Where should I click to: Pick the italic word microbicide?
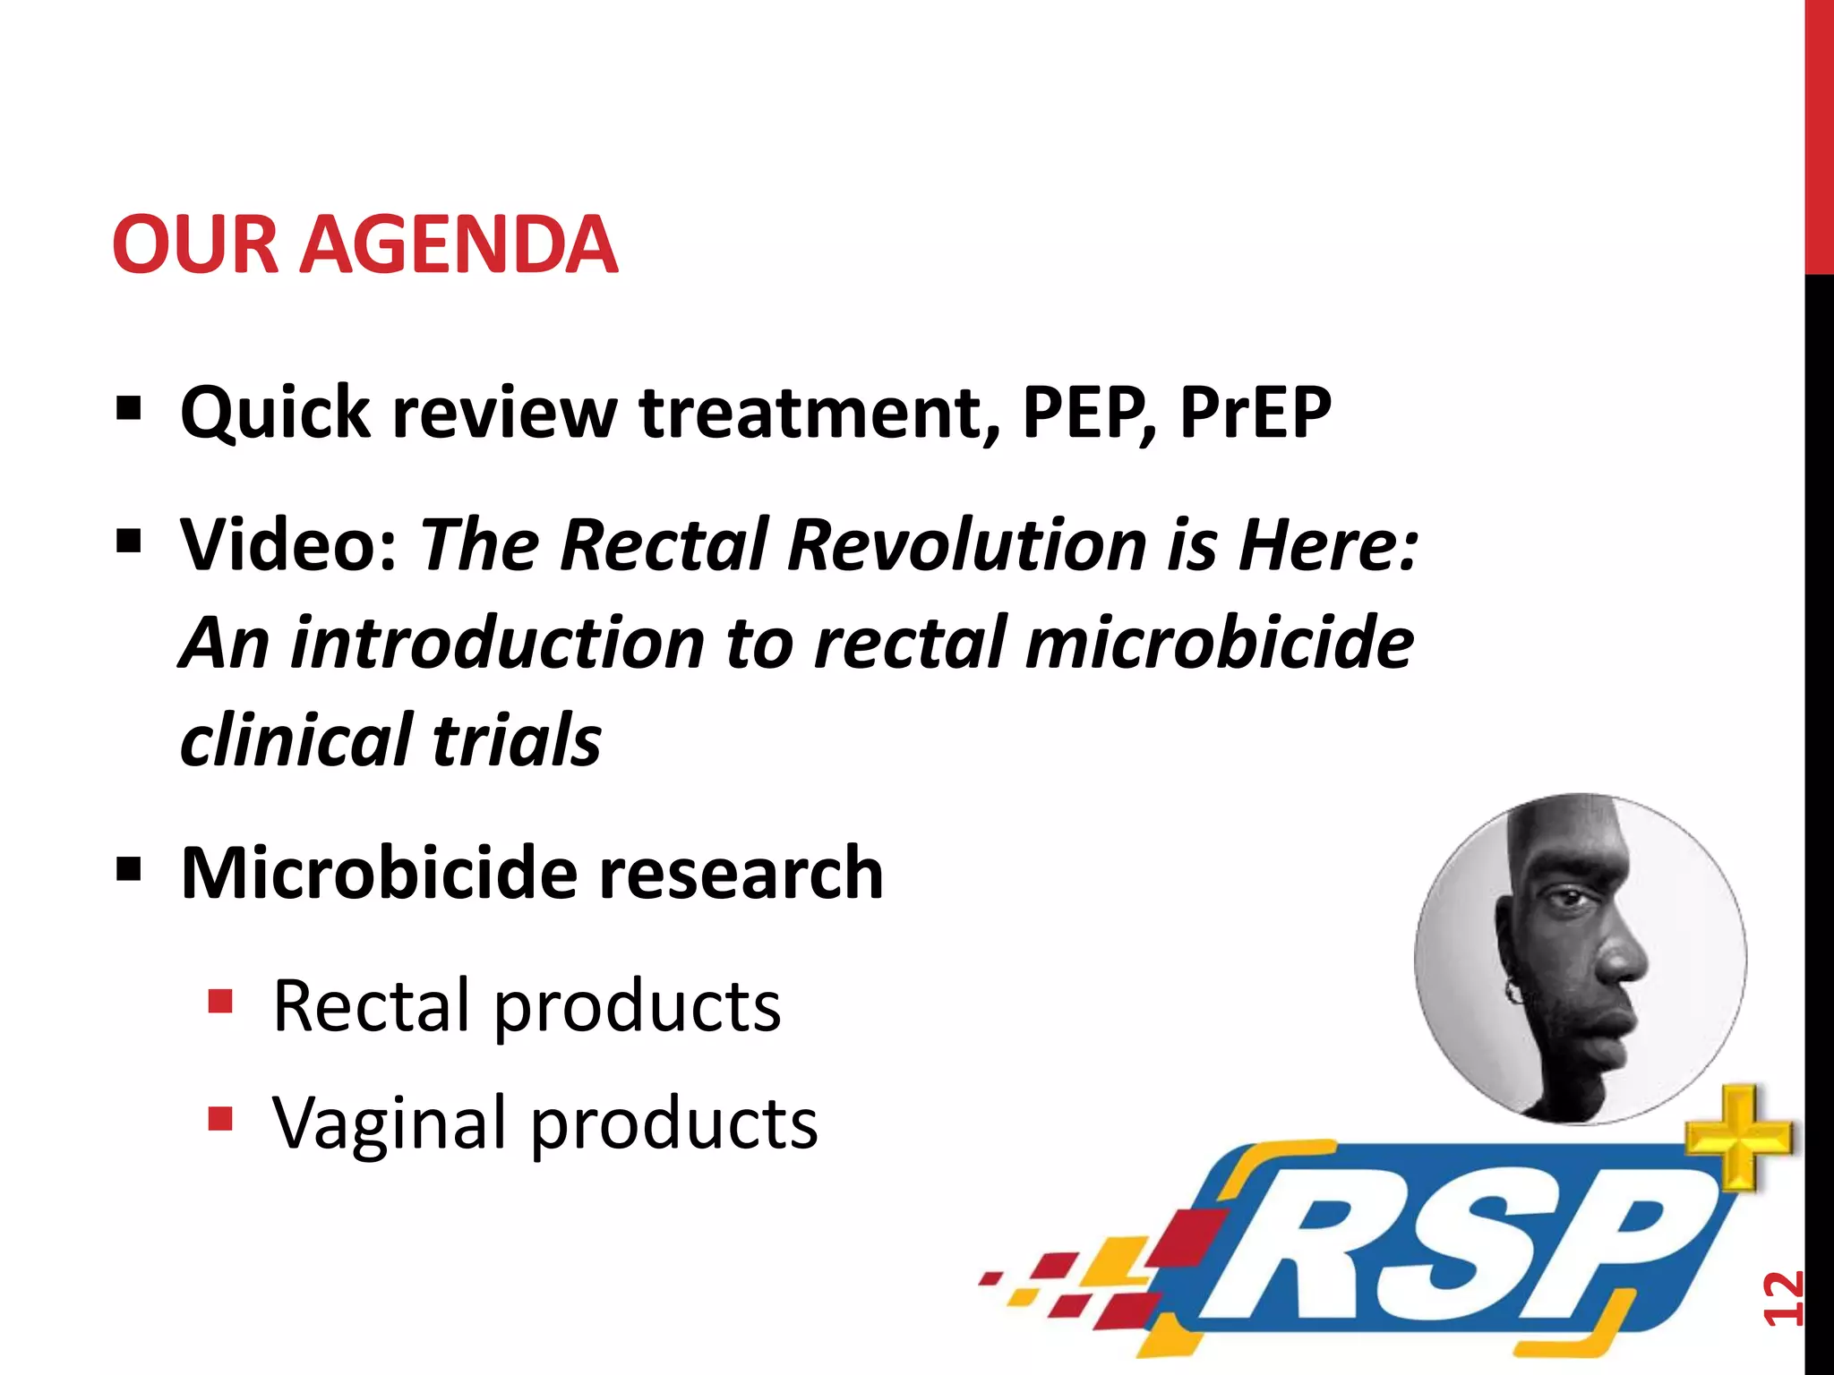point(1219,643)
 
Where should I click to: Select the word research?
point(741,873)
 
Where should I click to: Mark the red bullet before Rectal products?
point(219,1001)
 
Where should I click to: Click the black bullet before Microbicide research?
point(128,867)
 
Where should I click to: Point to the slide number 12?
point(1782,1297)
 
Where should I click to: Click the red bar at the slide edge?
point(1818,134)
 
